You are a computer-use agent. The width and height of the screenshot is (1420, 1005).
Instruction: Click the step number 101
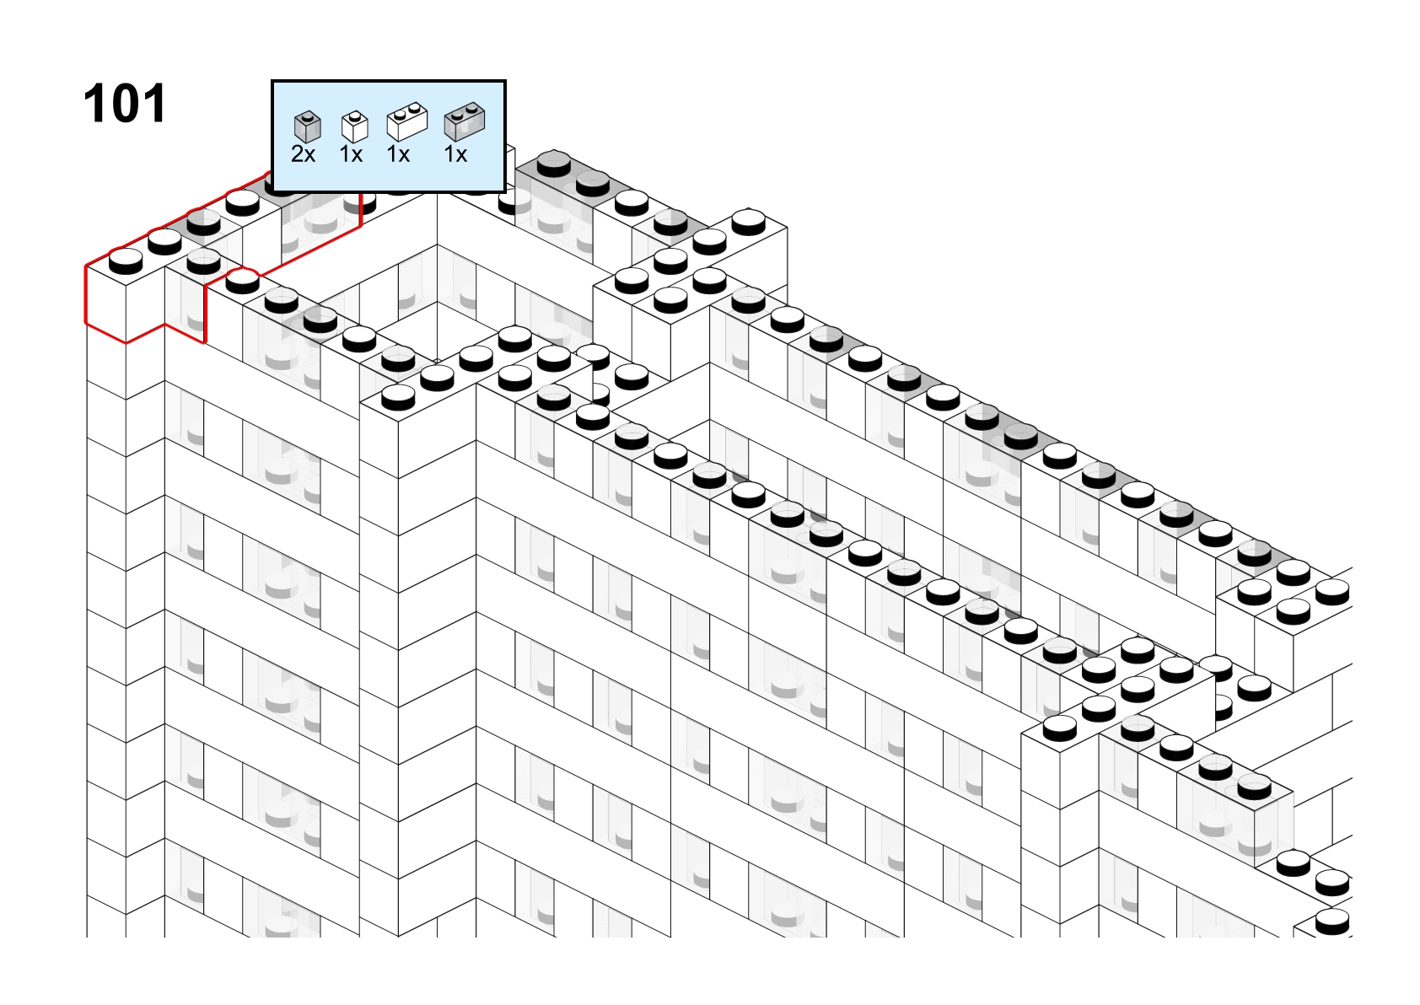[124, 104]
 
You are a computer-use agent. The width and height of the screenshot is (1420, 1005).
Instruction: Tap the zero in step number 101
[124, 104]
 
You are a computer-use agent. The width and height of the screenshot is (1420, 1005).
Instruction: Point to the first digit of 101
[95, 104]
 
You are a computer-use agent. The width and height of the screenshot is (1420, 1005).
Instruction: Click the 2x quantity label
[303, 154]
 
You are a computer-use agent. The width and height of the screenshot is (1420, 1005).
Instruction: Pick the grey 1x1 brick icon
[308, 126]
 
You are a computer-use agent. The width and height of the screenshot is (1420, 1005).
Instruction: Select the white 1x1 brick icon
[354, 126]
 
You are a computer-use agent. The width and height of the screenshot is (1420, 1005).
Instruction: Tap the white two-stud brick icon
[407, 121]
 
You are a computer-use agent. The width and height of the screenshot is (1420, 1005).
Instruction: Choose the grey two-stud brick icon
[465, 121]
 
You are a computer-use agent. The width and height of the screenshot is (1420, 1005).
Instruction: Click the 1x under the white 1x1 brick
[351, 154]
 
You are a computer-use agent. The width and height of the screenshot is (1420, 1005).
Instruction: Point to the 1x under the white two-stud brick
[398, 154]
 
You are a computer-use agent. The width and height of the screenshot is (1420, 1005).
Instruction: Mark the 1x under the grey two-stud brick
[455, 154]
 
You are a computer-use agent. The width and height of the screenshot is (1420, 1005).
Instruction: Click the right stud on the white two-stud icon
[415, 108]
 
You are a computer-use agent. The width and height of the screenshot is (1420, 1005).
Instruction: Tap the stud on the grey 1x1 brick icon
[308, 116]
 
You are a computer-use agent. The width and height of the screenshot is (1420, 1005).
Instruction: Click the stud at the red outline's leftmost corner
[126, 261]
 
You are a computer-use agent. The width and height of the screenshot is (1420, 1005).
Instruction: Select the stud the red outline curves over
[242, 280]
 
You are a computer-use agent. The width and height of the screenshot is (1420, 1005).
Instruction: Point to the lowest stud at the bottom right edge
[1332, 921]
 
